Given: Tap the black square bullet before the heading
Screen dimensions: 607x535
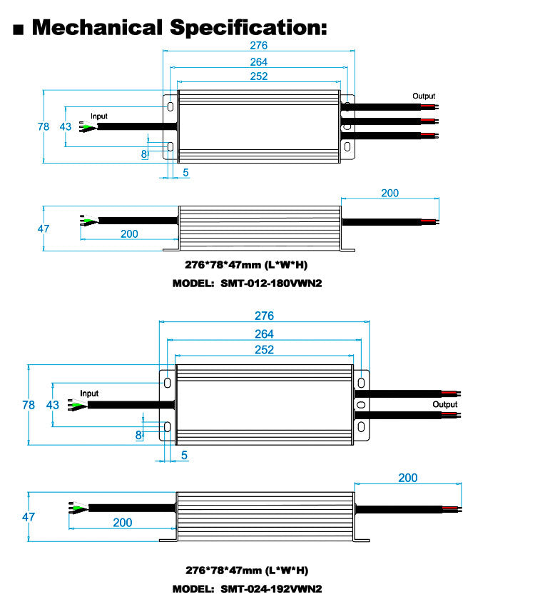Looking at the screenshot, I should point(19,29).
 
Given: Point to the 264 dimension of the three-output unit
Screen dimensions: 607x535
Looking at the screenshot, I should point(258,61).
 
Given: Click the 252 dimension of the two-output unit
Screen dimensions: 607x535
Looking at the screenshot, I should point(264,350).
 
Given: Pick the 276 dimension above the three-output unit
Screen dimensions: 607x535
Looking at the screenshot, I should point(258,45).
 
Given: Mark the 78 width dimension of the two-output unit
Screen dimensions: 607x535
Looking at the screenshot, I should point(29,404).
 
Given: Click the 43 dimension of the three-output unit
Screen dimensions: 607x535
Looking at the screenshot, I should point(65,126).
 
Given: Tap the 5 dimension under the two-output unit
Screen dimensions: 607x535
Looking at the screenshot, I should point(184,454).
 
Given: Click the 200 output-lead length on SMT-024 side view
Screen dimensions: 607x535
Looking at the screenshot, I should point(407,478).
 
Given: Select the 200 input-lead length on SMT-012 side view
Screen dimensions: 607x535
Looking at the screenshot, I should point(129,234).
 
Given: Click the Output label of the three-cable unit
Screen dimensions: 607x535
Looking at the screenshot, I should point(424,96).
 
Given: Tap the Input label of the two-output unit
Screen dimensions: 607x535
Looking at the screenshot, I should point(89,393).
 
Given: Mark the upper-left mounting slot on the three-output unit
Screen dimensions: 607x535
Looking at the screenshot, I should point(170,106).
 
